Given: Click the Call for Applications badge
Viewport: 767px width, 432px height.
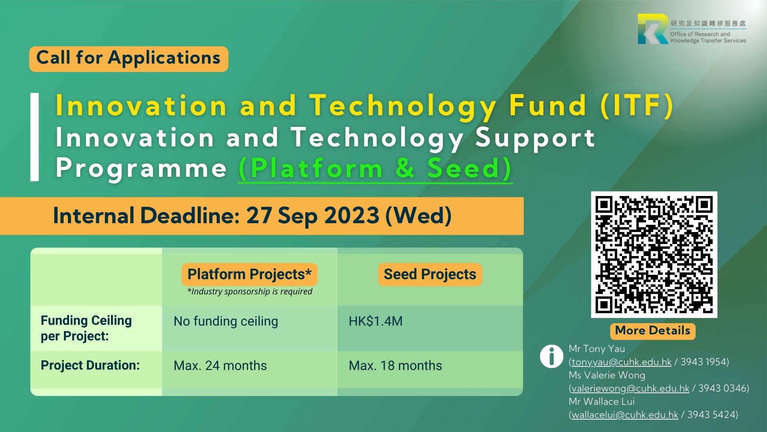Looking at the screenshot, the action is (x=129, y=59).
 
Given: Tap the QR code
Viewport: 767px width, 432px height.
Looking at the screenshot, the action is (x=654, y=255).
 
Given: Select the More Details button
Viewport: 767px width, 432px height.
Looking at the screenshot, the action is (x=653, y=331).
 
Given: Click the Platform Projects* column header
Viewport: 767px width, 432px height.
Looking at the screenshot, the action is (x=249, y=274).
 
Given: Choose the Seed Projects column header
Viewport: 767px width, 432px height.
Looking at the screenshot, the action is (x=430, y=274).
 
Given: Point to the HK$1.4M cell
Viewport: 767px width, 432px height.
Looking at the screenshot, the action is (x=376, y=321).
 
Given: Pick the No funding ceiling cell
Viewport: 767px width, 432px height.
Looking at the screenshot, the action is (x=226, y=321).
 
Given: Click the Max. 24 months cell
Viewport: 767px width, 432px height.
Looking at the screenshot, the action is (x=220, y=366).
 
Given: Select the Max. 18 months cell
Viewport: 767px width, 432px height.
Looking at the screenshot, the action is (x=395, y=366).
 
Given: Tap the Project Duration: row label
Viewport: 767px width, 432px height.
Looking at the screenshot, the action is (x=90, y=365).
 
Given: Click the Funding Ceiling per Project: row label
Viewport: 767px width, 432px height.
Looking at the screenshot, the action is (x=86, y=328).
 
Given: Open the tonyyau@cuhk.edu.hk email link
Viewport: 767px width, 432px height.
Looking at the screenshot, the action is (x=622, y=362).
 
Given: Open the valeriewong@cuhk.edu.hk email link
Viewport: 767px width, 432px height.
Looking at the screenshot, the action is (x=630, y=389).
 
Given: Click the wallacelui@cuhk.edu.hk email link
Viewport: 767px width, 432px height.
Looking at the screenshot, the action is (x=625, y=415).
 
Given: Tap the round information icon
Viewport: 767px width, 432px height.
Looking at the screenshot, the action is (x=551, y=356).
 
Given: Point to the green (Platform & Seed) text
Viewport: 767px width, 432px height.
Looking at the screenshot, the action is (x=375, y=168).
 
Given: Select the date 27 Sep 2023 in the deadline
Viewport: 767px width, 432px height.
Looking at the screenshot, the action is (x=312, y=216).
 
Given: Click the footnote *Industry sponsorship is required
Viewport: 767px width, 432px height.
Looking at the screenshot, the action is (x=250, y=292).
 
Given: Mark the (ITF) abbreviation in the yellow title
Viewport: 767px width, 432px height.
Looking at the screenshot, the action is (x=637, y=106).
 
